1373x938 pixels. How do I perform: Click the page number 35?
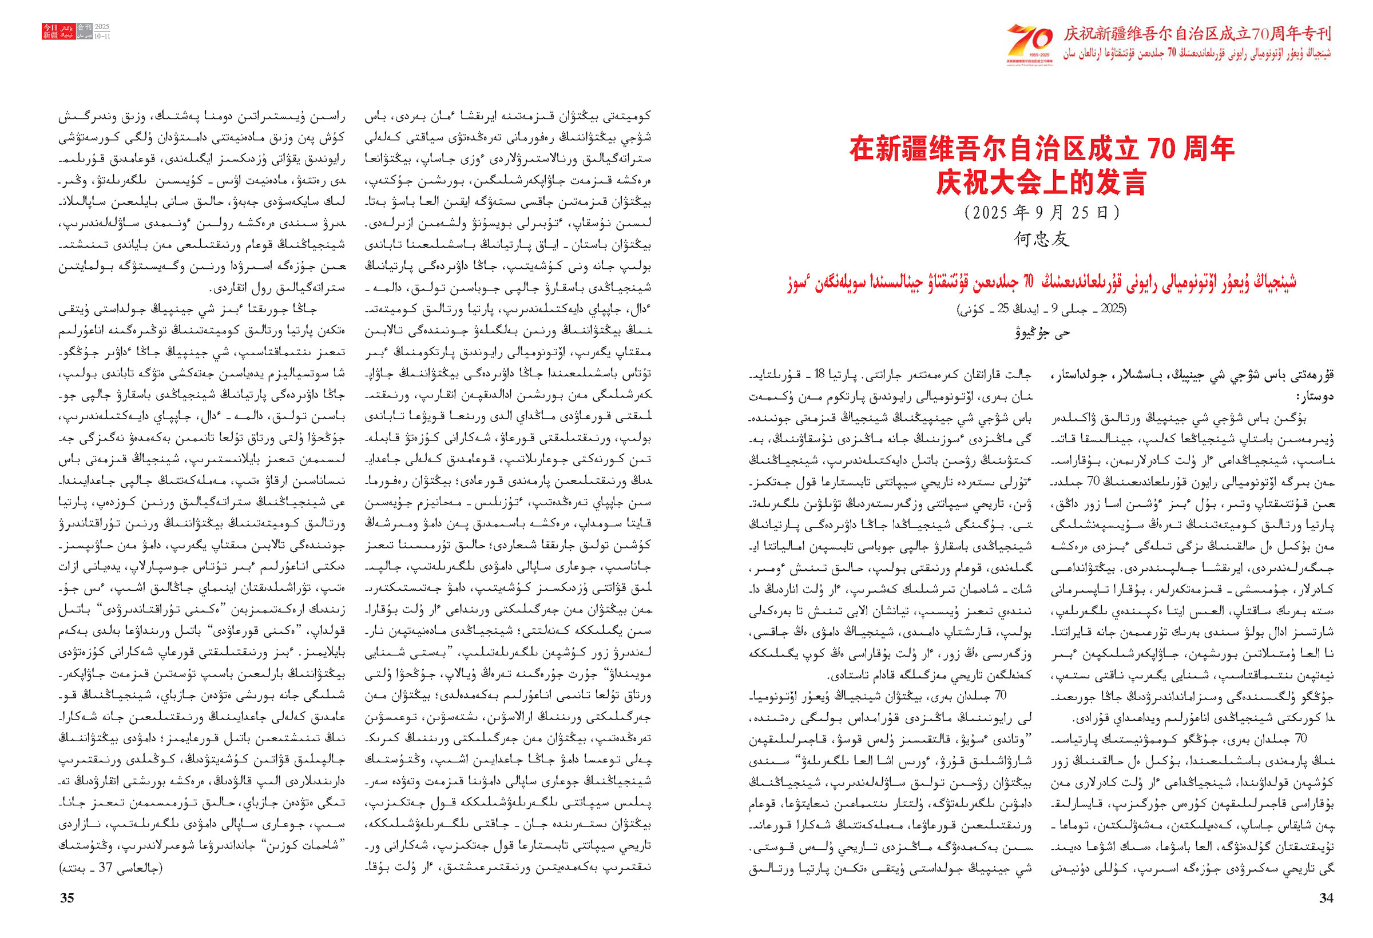pyautogui.click(x=68, y=898)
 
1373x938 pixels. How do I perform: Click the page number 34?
pyautogui.click(x=1326, y=898)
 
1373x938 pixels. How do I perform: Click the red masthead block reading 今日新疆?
pyautogui.click(x=50, y=31)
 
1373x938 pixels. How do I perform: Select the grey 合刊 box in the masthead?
pyautogui.click(x=85, y=27)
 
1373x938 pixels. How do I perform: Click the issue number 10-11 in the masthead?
pyautogui.click(x=102, y=36)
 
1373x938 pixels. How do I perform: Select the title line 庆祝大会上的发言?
pyautogui.click(x=1041, y=182)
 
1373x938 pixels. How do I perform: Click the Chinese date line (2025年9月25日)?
pyautogui.click(x=1041, y=213)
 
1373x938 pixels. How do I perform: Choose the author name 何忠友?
pyautogui.click(x=1041, y=239)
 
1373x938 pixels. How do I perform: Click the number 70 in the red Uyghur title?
pyautogui.click(x=1028, y=283)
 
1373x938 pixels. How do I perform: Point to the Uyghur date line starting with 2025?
pyautogui.click(x=1041, y=309)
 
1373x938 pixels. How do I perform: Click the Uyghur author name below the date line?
pyautogui.click(x=1041, y=332)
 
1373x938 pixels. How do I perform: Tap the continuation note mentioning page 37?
pyautogui.click(x=110, y=868)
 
